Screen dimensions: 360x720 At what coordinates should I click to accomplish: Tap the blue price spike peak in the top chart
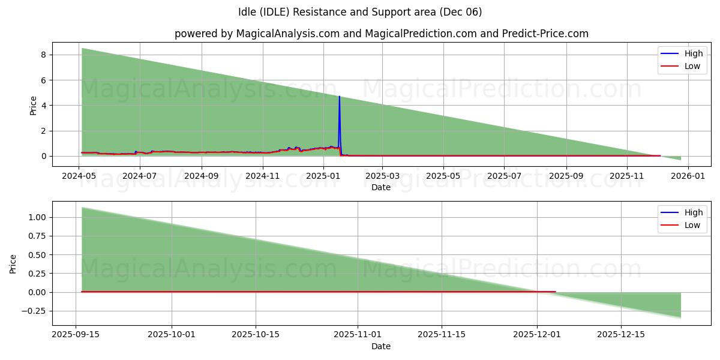coord(339,97)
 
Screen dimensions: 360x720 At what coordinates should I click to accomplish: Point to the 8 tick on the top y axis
coord(44,55)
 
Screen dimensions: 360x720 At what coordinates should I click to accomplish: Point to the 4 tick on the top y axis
coord(44,106)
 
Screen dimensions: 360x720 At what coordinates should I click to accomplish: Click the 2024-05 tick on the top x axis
coord(79,176)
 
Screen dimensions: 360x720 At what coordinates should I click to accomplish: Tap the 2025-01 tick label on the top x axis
coord(323,176)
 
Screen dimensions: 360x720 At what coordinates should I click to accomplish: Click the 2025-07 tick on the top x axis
coord(504,176)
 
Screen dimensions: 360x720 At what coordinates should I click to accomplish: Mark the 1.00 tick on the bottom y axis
coord(37,217)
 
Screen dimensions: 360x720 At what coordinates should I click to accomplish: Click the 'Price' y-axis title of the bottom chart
coord(13,263)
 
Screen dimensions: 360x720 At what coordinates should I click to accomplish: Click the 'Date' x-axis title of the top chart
coord(381,187)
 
